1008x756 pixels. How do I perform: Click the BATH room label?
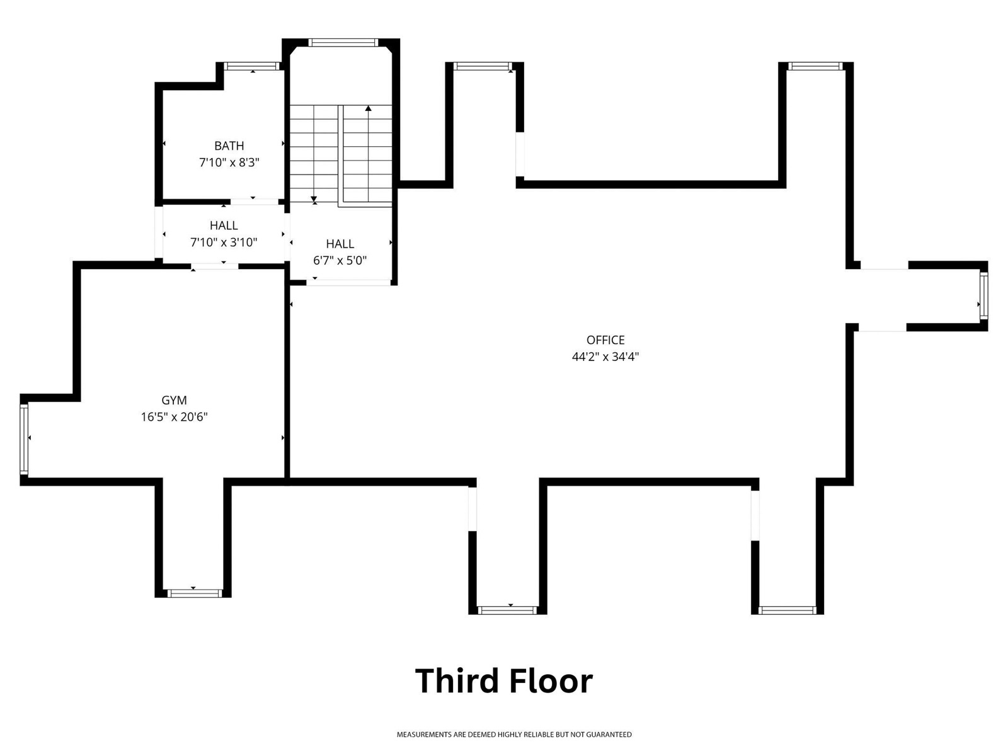[x=229, y=146]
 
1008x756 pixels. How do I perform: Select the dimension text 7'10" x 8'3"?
[x=229, y=163]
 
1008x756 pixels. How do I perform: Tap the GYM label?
[x=174, y=400]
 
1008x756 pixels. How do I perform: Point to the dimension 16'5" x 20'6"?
[x=174, y=417]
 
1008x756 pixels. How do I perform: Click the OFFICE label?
[x=605, y=340]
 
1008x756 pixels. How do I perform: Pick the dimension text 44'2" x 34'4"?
[x=605, y=357]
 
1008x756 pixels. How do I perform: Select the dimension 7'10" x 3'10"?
[x=224, y=243]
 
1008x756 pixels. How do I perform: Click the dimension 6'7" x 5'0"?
[x=340, y=261]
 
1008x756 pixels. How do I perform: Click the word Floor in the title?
[x=551, y=681]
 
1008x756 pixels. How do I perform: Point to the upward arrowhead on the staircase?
[x=369, y=108]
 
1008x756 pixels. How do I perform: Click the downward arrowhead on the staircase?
[x=314, y=199]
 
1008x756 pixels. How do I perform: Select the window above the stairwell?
[x=343, y=43]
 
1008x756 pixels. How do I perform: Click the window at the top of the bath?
[x=252, y=66]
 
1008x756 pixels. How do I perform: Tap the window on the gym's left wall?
[x=24, y=440]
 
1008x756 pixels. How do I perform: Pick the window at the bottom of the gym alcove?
[x=195, y=593]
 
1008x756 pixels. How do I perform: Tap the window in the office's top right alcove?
[x=816, y=66]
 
